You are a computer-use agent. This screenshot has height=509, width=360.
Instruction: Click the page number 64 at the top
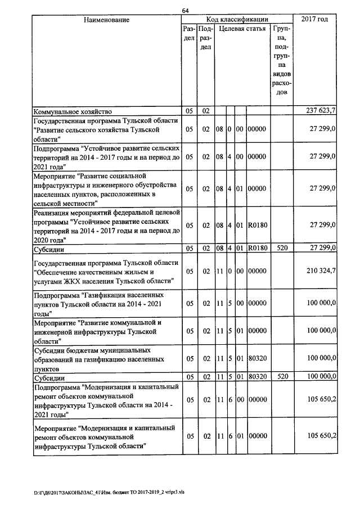[185, 10]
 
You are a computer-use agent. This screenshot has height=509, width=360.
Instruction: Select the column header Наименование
[106, 20]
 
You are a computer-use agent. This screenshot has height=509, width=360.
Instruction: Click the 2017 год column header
[314, 20]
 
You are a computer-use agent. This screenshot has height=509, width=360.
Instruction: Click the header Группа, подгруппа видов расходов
[281, 59]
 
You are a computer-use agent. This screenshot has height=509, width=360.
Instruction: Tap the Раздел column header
[190, 33]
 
